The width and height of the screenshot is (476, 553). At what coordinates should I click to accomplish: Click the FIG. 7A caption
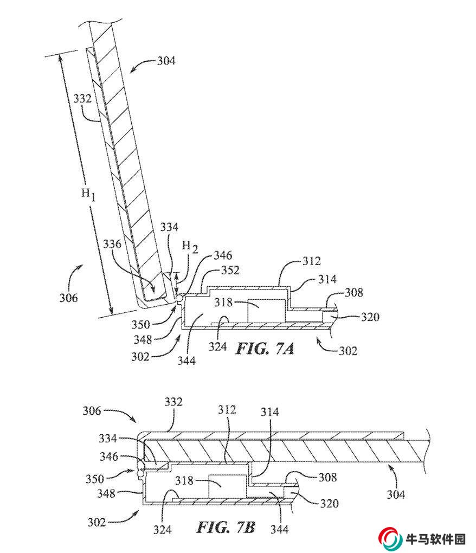pos(265,349)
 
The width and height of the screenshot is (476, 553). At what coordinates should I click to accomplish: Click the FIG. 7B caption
pos(226,528)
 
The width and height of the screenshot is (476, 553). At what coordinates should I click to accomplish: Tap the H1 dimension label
pos(88,194)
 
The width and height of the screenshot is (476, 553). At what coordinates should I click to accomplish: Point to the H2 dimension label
pos(190,247)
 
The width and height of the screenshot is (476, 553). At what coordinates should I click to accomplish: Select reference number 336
pos(112,244)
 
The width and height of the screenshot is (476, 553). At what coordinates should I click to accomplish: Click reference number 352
pos(230,270)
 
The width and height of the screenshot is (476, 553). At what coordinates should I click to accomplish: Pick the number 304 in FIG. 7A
pos(166,61)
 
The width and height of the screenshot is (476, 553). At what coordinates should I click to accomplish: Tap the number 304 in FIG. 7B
pos(396,494)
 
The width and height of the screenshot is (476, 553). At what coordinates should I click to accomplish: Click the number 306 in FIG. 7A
pos(68,298)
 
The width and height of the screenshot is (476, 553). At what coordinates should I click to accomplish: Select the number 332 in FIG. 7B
pos(173,402)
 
